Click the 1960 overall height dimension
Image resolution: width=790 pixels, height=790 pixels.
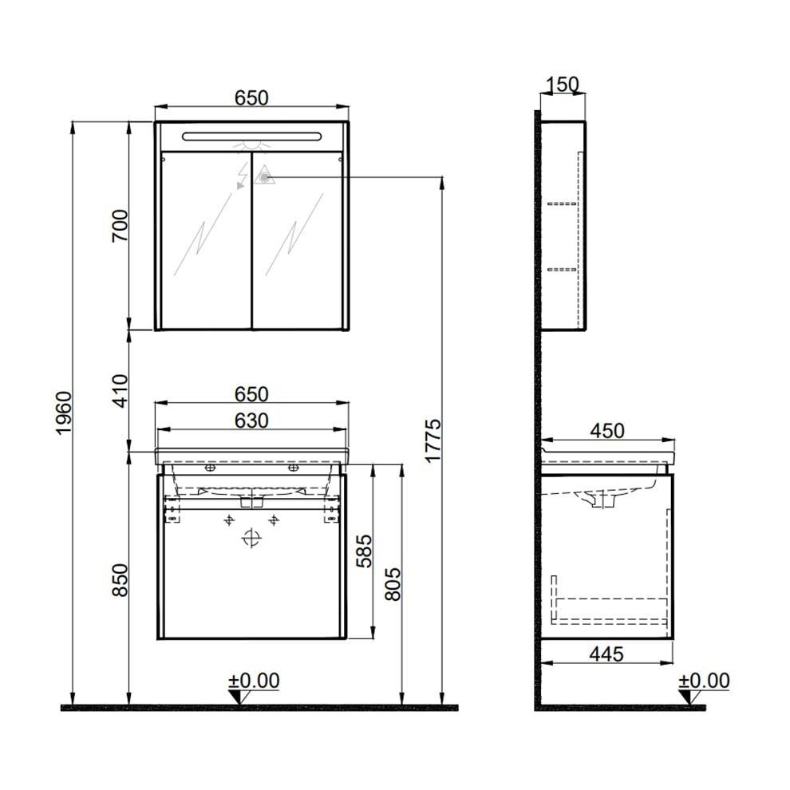[x=64, y=413]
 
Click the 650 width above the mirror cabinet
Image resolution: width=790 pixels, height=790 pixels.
[x=251, y=97]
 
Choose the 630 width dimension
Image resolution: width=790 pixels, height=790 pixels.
[x=251, y=420]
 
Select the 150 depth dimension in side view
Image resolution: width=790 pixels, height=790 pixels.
[x=563, y=85]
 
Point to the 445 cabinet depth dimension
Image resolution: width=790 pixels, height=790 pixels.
[x=606, y=654]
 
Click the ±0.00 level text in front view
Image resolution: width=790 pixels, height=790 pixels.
[x=254, y=681]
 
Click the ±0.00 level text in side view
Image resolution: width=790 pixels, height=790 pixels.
[x=704, y=681]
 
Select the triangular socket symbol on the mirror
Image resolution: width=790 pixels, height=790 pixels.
[x=264, y=176]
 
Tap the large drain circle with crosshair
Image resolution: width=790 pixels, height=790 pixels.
[x=251, y=539]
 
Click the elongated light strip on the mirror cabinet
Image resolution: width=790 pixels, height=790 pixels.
[x=251, y=136]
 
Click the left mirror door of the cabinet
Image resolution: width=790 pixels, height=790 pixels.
[x=206, y=239]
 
